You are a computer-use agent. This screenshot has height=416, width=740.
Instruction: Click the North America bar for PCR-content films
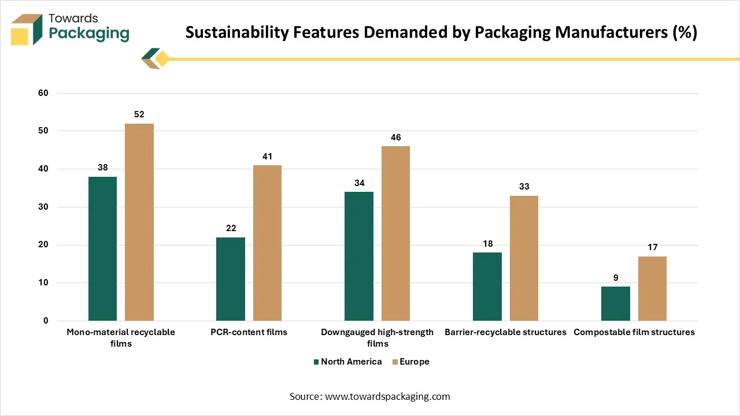(231, 279)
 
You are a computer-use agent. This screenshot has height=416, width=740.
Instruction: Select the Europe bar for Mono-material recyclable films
(139, 222)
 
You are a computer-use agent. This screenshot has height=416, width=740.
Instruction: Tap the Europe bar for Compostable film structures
(652, 288)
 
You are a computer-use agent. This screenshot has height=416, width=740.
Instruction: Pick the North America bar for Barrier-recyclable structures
(487, 287)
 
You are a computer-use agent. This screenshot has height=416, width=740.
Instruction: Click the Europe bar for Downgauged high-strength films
(396, 233)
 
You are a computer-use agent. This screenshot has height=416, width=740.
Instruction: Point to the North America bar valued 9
(616, 304)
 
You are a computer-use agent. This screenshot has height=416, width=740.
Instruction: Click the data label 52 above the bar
(139, 114)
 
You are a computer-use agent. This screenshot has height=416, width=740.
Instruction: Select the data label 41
(267, 157)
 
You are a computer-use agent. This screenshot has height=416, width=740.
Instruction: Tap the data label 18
(487, 244)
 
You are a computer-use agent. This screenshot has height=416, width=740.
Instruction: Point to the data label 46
(396, 138)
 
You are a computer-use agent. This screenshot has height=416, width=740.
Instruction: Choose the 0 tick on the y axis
(46, 321)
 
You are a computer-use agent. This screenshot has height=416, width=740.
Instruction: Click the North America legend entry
(347, 362)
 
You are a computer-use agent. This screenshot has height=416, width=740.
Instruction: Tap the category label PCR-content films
(249, 332)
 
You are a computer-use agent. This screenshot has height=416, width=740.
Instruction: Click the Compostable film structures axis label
(634, 332)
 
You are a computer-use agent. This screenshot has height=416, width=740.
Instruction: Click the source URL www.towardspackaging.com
(387, 396)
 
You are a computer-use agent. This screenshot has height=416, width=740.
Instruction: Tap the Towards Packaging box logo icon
(26, 29)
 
